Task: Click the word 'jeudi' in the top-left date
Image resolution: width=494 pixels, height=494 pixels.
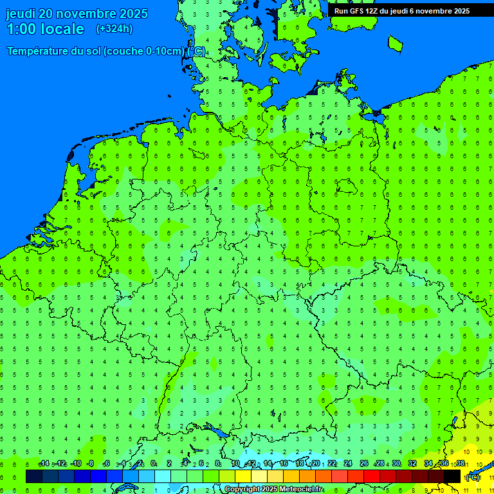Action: pos(21,14)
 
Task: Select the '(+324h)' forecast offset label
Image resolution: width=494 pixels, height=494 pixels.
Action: pos(114,29)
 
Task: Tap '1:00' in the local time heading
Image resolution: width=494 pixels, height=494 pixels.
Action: pos(24,29)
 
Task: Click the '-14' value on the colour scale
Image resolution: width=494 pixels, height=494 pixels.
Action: pos(44,464)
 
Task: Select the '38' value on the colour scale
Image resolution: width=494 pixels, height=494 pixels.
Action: pos(460,464)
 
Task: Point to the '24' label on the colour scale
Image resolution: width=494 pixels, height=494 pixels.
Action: pos(348,464)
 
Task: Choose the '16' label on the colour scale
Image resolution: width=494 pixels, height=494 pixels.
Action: pos(284,464)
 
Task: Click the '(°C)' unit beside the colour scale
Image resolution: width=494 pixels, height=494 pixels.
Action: pos(473,477)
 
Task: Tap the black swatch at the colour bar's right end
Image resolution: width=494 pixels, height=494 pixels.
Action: pos(452,476)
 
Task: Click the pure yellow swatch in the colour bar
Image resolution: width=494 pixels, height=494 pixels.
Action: pos(243,476)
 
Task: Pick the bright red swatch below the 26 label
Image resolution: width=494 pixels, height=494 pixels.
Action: pos(372,476)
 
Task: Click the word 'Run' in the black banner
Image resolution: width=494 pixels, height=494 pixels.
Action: pos(341,11)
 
